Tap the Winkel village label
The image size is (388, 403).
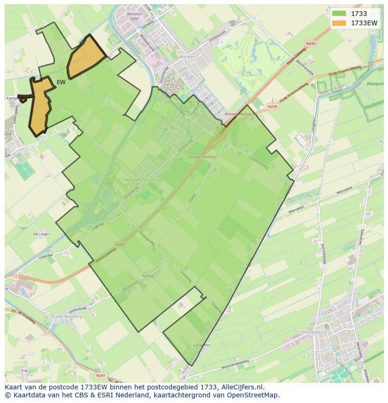pyautogui.click(x=187, y=56)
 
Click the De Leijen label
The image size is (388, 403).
pyautogui.click(x=41, y=234)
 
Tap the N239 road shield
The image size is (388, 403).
pyautogui.click(x=272, y=107)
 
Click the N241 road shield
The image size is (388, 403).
pyautogui.click(x=100, y=375)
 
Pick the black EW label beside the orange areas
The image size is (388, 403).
pyautogui.click(x=61, y=82)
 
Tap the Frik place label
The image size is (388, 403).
pyautogui.click(x=24, y=371)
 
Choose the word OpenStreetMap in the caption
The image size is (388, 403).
pyautogui.click(x=253, y=395)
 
